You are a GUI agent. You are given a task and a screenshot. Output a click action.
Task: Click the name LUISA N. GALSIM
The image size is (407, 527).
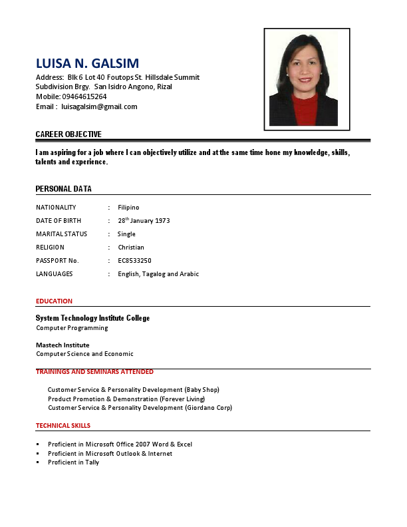[x=87, y=63]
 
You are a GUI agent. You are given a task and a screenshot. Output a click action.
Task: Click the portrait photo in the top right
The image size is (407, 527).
[x=307, y=79]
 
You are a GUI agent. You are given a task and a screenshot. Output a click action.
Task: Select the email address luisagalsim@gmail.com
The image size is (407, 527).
[x=99, y=106]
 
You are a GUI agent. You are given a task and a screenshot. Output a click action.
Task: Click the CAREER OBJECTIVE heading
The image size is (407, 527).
[x=68, y=134]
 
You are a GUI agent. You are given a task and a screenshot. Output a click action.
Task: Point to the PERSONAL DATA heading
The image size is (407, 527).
[x=64, y=189]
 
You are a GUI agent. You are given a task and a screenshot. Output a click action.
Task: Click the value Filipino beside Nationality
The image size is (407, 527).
[x=128, y=208]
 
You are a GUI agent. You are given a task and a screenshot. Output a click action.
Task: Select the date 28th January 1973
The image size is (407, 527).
[x=144, y=221]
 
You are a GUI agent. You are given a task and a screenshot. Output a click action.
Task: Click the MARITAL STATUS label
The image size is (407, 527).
[x=62, y=234]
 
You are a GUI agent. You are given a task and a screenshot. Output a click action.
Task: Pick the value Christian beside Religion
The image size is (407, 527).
[x=131, y=248]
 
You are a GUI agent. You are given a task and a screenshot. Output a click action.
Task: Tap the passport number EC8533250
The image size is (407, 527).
[x=134, y=261]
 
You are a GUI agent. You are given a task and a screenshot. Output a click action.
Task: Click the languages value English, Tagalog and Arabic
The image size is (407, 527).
[x=158, y=274]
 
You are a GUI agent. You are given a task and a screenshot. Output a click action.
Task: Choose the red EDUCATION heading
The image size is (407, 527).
[x=54, y=301]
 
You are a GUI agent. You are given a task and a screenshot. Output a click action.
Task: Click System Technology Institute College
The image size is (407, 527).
[x=92, y=318]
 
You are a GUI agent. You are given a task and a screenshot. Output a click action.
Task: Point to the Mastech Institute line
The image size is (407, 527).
[x=63, y=345]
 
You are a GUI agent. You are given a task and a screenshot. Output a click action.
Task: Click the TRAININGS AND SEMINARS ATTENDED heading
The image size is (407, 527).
[x=94, y=372]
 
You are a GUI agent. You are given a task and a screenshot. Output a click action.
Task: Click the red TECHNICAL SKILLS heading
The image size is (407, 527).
[x=63, y=426]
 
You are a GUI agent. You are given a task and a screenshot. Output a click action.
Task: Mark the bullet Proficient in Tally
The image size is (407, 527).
[x=73, y=462]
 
